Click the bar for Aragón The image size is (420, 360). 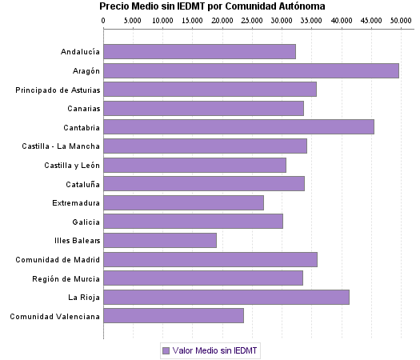coord(251,70)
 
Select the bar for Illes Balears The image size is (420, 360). coord(160,240)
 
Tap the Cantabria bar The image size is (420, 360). coord(238,126)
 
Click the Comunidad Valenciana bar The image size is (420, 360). coord(174,315)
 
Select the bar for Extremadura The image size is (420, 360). coord(183,202)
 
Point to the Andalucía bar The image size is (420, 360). coord(199,51)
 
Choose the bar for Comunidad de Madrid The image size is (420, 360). coord(210,259)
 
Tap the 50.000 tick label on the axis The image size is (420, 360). coord(400,19)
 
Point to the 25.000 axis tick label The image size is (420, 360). coord(252,19)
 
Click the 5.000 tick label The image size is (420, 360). coord(133,19)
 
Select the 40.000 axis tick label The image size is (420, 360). coord(341,19)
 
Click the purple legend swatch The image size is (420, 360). coord(166,350)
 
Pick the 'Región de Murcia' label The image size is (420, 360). coord(66,278)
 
